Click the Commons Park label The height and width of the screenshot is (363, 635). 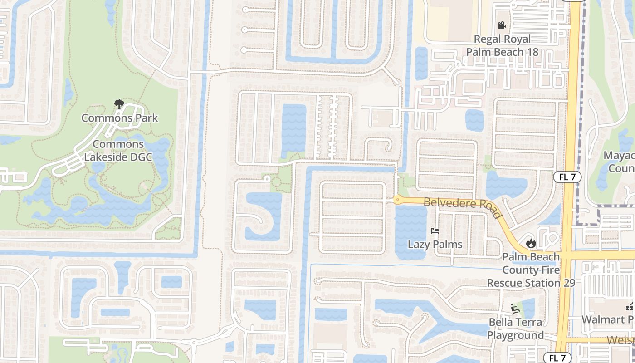point(120,118)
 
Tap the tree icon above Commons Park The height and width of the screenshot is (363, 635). point(119,105)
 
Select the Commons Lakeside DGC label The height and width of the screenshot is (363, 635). point(119,151)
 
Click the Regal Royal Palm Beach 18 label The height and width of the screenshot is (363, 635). point(502,45)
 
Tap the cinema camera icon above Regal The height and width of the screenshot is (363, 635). point(502,25)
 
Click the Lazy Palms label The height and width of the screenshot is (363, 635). point(435,245)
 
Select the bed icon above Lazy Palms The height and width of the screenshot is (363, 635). point(435,231)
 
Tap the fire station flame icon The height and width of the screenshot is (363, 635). point(531,244)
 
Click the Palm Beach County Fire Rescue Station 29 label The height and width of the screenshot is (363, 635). point(531,270)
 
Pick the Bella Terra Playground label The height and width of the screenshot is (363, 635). point(515,329)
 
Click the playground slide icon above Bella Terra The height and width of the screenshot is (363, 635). point(515,309)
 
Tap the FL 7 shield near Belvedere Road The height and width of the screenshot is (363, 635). point(567,177)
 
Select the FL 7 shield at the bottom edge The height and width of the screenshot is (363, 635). point(557,358)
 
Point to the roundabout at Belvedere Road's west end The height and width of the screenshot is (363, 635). point(397,199)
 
